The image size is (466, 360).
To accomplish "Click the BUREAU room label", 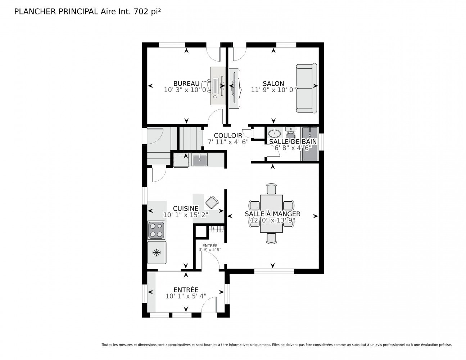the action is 186,84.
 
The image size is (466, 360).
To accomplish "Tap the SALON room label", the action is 273,84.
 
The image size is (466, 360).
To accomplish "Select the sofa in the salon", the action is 306,88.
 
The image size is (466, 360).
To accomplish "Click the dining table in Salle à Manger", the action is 271,213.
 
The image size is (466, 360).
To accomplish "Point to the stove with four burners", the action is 156,230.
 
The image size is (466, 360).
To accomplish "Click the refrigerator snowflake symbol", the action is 157,252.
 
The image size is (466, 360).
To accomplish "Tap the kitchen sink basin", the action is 199,160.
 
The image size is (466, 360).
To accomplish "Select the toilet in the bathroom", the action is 291,132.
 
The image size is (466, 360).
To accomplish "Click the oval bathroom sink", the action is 274,134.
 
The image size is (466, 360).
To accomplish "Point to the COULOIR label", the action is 228,136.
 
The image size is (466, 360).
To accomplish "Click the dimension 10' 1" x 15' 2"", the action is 186,215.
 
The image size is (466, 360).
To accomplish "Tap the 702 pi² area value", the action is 147,12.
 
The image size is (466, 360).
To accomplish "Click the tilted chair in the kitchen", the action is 212,202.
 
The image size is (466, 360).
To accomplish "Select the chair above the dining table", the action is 271,189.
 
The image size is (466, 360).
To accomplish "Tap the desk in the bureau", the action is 218,86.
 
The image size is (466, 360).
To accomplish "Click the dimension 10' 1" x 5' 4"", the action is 186,296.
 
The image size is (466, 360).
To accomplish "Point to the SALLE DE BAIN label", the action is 293,141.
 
